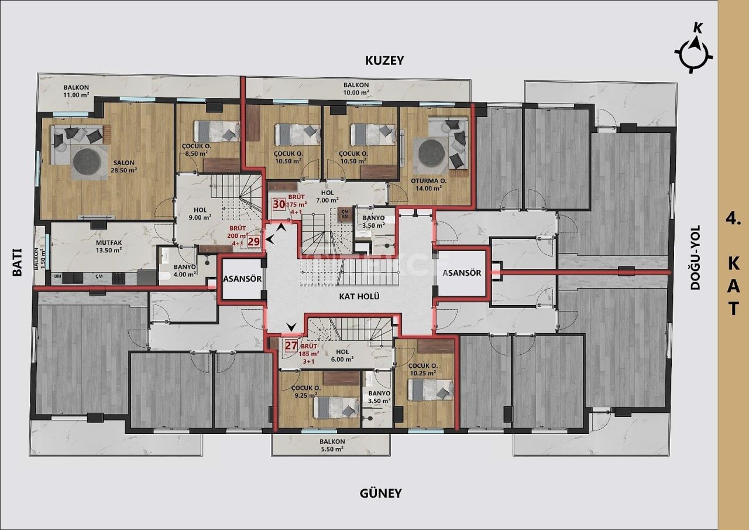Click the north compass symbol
pyautogui.click(x=695, y=52)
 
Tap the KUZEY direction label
pyautogui.click(x=384, y=60)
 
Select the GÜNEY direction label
pyautogui.click(x=380, y=493)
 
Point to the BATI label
pyautogui.click(x=18, y=262)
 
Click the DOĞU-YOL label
pyautogui.click(x=695, y=258)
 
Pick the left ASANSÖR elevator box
pyautogui.click(x=242, y=279)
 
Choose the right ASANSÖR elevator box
pyautogui.click(x=462, y=273)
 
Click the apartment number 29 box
pyautogui.click(x=253, y=241)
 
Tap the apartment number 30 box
pyautogui.click(x=279, y=204)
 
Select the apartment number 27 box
pyautogui.click(x=291, y=345)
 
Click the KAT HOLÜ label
pyautogui.click(x=359, y=296)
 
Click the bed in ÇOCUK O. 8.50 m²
pyautogui.click(x=217, y=131)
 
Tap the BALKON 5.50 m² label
pyautogui.click(x=331, y=445)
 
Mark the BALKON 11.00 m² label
pyautogui.click(x=76, y=91)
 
